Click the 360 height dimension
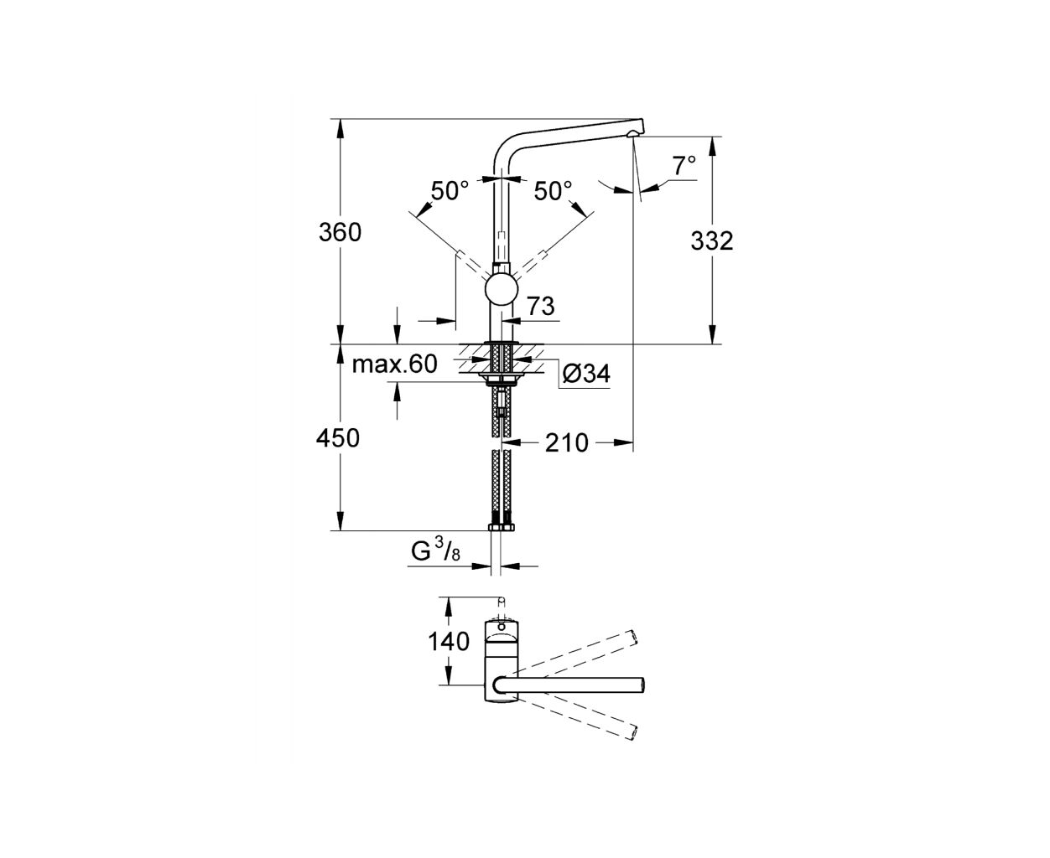click(x=340, y=232)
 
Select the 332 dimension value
click(x=712, y=241)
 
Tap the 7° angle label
click(x=684, y=166)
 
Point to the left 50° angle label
click(x=450, y=190)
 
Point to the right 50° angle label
click(x=554, y=190)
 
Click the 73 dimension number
click(x=541, y=306)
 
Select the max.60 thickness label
click(x=395, y=364)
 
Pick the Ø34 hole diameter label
click(x=586, y=373)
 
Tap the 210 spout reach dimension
click(x=567, y=442)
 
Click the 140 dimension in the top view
click(x=449, y=642)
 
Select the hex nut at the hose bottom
click(x=502, y=527)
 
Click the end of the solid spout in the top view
click(x=644, y=685)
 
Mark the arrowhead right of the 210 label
click(x=623, y=442)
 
